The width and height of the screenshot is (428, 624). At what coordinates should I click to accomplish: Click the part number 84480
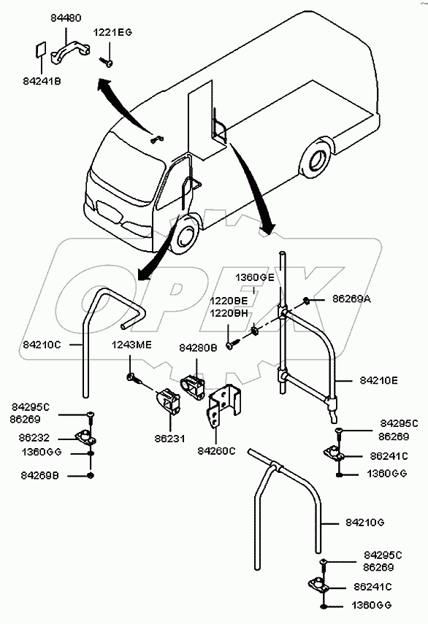[66, 18]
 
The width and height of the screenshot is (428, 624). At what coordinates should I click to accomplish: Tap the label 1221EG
[112, 33]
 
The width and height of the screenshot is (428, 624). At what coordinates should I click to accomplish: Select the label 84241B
[42, 82]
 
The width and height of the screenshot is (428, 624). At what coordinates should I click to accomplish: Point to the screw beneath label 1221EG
[107, 62]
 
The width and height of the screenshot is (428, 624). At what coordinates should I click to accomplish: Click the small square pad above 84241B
[40, 50]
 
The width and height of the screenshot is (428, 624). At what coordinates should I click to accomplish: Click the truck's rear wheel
[316, 160]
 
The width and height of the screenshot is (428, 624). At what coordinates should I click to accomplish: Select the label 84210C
[42, 344]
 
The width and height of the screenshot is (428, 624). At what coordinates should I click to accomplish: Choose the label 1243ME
[131, 344]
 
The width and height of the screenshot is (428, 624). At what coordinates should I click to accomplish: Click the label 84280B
[198, 348]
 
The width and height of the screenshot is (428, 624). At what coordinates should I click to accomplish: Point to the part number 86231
[170, 439]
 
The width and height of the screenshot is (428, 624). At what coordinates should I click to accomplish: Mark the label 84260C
[217, 451]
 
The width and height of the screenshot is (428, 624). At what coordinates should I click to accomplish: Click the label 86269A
[351, 299]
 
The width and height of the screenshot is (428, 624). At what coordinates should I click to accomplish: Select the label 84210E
[378, 380]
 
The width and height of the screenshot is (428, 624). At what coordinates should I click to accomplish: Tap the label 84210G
[364, 523]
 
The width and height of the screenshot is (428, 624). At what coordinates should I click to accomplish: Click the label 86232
[34, 438]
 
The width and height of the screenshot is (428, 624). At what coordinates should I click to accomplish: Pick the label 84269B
[40, 476]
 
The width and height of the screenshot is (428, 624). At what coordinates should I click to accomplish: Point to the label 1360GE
[255, 277]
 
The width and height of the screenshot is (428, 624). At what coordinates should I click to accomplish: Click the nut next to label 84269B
[91, 475]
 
